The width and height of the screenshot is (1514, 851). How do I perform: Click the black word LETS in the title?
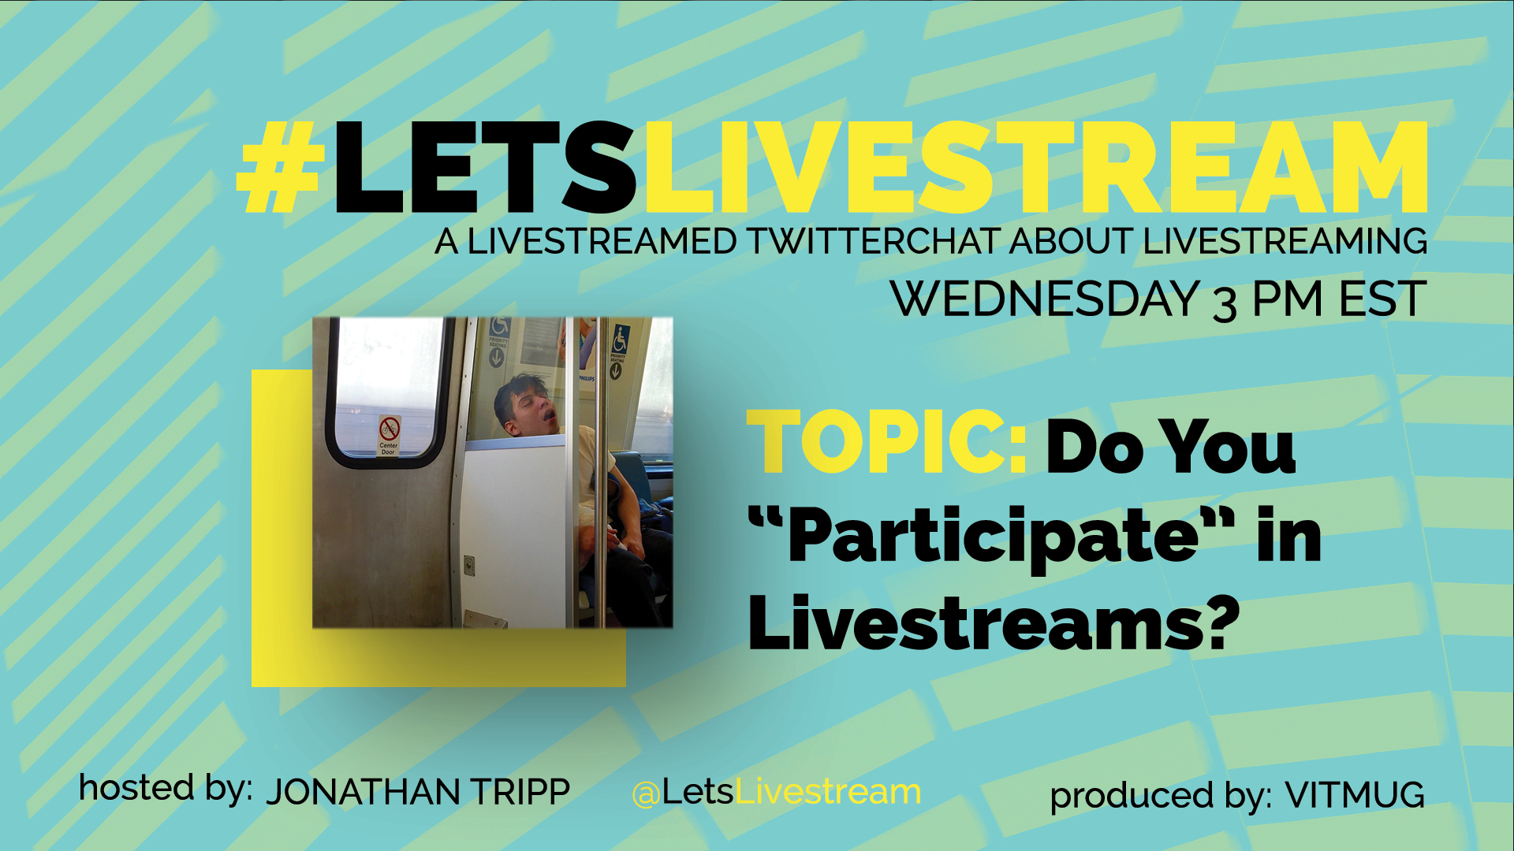pyautogui.click(x=484, y=167)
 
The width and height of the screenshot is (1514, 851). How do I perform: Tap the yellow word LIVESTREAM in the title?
pyautogui.click(x=1035, y=167)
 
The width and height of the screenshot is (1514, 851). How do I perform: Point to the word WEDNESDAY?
pyautogui.click(x=1045, y=299)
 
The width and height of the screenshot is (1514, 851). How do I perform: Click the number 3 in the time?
pyautogui.click(x=1225, y=304)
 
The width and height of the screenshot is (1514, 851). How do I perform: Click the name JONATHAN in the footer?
pyautogui.click(x=362, y=792)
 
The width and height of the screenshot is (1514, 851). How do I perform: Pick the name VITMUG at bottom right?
pyautogui.click(x=1355, y=795)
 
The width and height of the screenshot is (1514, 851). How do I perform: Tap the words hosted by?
pyautogui.click(x=166, y=789)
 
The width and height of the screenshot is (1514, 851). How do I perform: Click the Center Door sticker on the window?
pyautogui.click(x=389, y=435)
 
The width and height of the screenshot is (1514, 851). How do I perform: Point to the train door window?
pyautogui.click(x=386, y=392)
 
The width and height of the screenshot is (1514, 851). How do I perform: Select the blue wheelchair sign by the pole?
pyautogui.click(x=621, y=340)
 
